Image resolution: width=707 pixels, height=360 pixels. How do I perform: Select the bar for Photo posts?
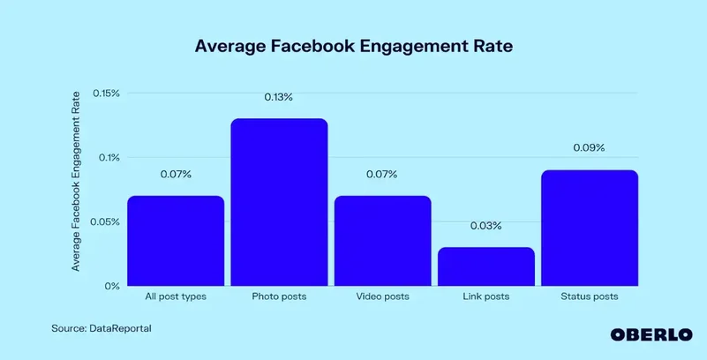click(x=279, y=202)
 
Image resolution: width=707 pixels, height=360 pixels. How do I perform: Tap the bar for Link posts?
click(x=485, y=266)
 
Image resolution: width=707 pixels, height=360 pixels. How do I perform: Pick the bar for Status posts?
click(x=589, y=228)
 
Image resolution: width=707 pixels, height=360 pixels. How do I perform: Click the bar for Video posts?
click(x=382, y=241)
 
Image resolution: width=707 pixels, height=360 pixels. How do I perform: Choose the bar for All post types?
click(x=176, y=241)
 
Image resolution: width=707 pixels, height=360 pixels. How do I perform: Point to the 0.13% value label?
click(x=279, y=97)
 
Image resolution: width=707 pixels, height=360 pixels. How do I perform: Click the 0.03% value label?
click(x=485, y=226)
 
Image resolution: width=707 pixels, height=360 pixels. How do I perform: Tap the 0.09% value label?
click(x=589, y=148)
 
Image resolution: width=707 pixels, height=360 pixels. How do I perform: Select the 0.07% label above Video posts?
click(x=382, y=174)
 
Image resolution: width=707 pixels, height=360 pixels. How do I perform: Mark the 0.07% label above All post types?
click(x=176, y=174)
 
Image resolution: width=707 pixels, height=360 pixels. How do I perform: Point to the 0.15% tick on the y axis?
click(x=106, y=94)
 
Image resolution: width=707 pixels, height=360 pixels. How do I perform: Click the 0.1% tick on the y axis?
click(x=109, y=158)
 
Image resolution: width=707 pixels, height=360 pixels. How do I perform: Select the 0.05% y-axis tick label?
click(x=106, y=222)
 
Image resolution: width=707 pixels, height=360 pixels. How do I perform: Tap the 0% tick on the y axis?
click(x=113, y=286)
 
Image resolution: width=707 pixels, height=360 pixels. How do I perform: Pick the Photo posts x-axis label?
click(x=279, y=296)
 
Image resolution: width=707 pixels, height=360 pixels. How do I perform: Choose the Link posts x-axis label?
click(x=485, y=296)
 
